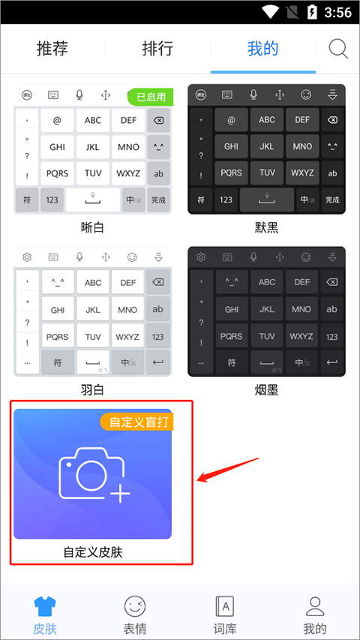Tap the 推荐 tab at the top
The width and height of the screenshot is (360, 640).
52,49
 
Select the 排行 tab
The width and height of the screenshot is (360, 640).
157,49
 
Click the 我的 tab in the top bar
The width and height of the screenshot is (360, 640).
262,49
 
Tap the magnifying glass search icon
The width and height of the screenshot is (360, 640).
339,49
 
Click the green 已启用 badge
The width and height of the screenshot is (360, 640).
151,96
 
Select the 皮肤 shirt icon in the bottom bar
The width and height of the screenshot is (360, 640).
45,606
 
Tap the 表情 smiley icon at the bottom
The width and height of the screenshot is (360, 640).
135,606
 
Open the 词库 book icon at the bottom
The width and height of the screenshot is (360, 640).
225,606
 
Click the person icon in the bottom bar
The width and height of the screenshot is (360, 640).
315,606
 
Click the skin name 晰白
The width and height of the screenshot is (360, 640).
92,227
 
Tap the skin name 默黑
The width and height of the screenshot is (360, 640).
266,227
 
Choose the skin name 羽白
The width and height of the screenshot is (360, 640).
92,389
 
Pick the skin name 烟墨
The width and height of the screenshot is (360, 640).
266,389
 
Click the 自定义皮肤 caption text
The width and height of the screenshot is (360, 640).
92,552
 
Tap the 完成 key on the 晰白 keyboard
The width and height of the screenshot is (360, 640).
158,200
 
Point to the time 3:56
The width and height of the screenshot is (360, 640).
339,12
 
